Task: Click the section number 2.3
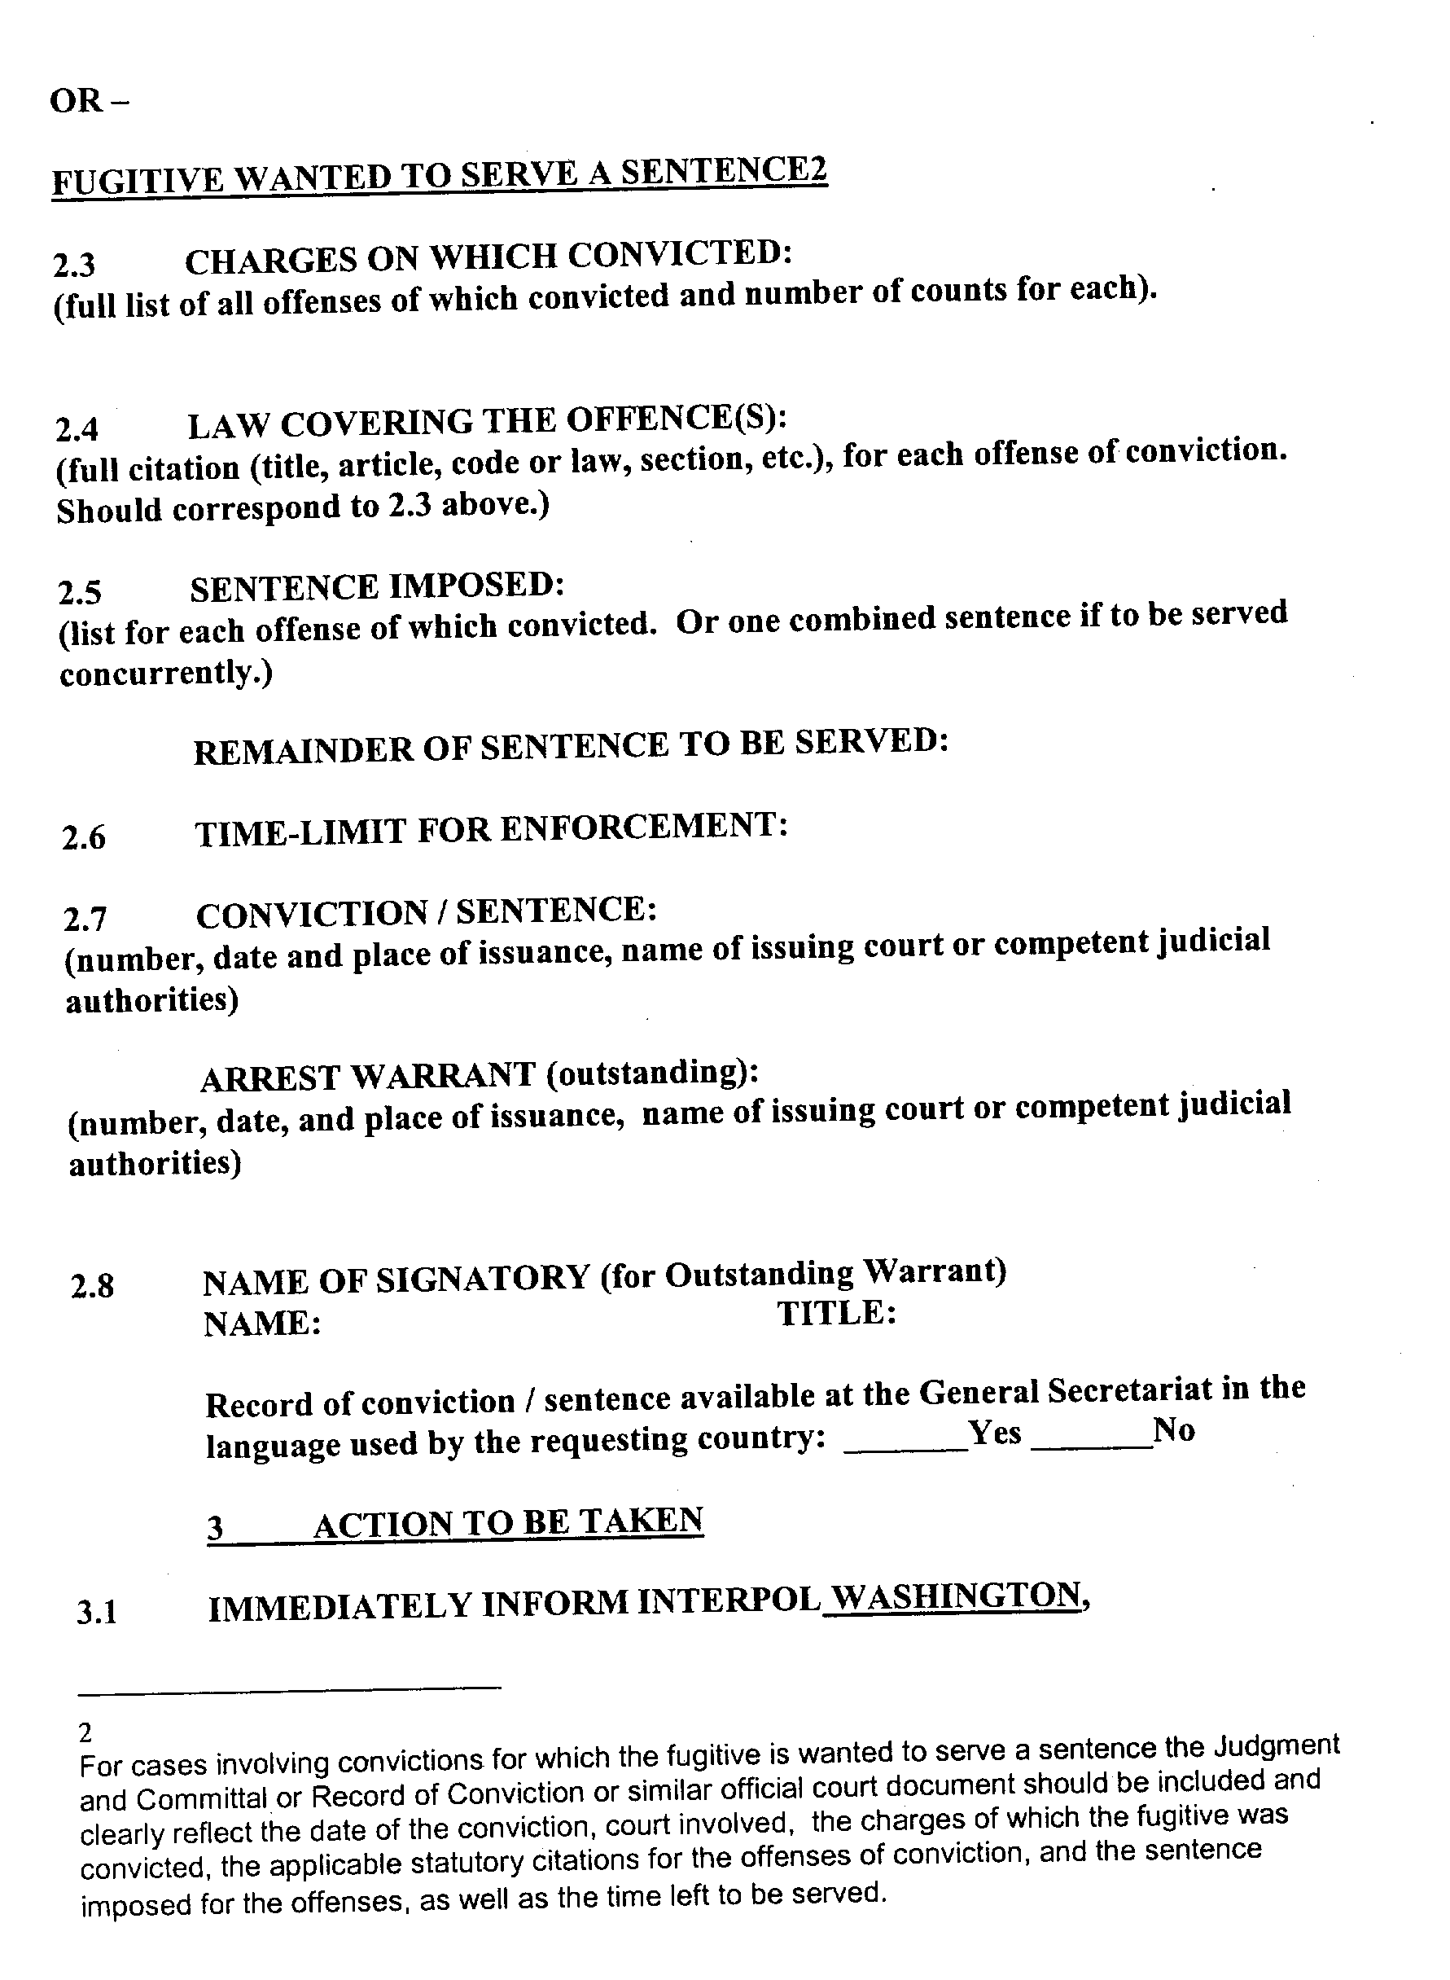(74, 264)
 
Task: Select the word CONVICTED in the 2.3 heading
(681, 255)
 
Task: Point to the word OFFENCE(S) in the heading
(676, 419)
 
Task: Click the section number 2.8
(92, 1287)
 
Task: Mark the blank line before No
(1091, 1448)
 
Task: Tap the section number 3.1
(97, 1613)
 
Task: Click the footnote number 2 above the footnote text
(85, 1732)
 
